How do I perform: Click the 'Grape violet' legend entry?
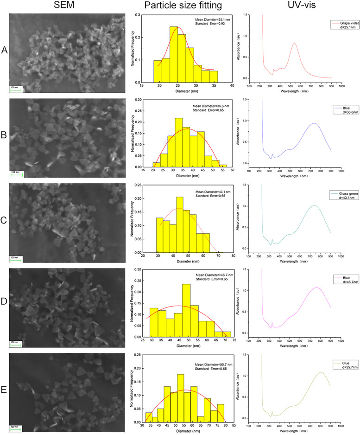click(x=330, y=21)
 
